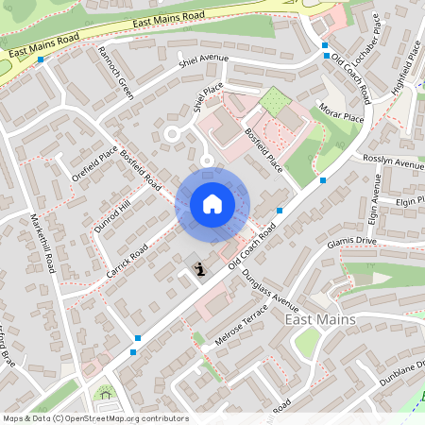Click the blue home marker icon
click(212, 204)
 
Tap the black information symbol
click(199, 271)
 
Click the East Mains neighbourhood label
click(320, 320)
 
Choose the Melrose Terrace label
click(242, 326)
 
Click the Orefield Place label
click(94, 161)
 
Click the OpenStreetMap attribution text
click(95, 417)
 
